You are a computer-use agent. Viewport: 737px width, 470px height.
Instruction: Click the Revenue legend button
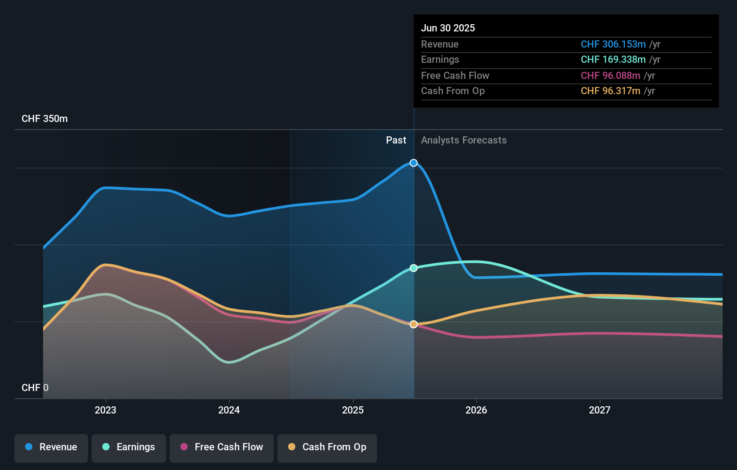point(51,447)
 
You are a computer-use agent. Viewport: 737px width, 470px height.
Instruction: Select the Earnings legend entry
point(129,447)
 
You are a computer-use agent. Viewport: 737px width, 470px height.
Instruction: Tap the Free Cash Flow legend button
point(222,447)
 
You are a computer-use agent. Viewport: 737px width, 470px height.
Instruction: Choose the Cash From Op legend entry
point(327,447)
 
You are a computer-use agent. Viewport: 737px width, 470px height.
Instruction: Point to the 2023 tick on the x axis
point(105,410)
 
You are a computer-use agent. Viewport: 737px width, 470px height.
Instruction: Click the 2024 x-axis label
point(229,410)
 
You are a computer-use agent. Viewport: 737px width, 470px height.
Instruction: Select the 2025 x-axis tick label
point(353,410)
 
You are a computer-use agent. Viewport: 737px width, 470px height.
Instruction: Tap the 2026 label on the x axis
point(476,410)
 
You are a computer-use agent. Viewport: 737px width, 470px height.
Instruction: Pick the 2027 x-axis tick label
point(600,410)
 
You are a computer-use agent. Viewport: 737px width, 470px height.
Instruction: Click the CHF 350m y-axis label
point(44,119)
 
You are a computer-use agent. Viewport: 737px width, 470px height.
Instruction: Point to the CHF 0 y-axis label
point(35,387)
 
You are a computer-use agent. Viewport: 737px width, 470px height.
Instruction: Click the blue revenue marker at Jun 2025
point(413,163)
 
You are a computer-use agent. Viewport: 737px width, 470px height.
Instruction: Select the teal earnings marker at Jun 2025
point(413,268)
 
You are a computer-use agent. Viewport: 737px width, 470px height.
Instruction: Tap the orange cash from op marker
point(413,324)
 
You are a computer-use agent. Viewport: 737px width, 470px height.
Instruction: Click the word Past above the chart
point(396,140)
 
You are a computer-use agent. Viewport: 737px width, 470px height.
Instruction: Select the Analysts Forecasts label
point(464,140)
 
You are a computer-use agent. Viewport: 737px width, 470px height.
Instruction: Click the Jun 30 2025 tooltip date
point(447,28)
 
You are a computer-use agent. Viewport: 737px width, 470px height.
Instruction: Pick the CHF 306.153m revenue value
point(613,44)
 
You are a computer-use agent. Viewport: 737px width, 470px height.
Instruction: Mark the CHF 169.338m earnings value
point(613,60)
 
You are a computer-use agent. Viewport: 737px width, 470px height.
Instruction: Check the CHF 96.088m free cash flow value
point(610,75)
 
